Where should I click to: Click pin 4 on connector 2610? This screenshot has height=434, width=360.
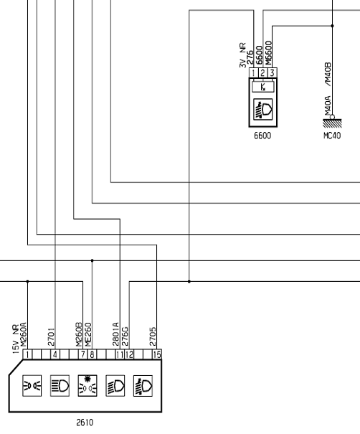(x=55, y=354)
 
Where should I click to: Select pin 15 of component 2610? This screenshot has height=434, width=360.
(x=157, y=354)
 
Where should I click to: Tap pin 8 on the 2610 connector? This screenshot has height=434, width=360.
(x=92, y=354)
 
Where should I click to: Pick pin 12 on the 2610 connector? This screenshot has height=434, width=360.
(x=129, y=354)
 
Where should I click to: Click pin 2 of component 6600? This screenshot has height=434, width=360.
(x=262, y=73)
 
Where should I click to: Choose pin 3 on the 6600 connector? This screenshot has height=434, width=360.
(x=273, y=73)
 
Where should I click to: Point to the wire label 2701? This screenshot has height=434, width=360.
(x=52, y=337)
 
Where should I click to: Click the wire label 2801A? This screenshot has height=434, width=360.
(x=116, y=334)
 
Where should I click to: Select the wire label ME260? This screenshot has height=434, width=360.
(x=88, y=334)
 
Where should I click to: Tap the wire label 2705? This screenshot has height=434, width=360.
(x=153, y=337)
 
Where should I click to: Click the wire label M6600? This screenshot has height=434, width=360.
(x=268, y=53)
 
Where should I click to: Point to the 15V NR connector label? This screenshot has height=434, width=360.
(x=16, y=339)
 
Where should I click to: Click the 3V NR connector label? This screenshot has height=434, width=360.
(x=242, y=55)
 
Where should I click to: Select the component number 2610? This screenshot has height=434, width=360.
(x=85, y=423)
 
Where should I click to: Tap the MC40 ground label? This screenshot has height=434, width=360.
(x=332, y=136)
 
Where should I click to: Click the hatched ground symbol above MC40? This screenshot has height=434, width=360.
(x=332, y=123)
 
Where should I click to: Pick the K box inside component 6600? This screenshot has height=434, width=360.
(x=263, y=88)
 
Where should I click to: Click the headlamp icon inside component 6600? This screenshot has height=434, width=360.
(x=263, y=110)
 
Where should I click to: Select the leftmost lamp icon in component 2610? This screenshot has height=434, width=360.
(x=32, y=385)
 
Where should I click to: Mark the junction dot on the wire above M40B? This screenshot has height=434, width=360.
(x=332, y=26)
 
